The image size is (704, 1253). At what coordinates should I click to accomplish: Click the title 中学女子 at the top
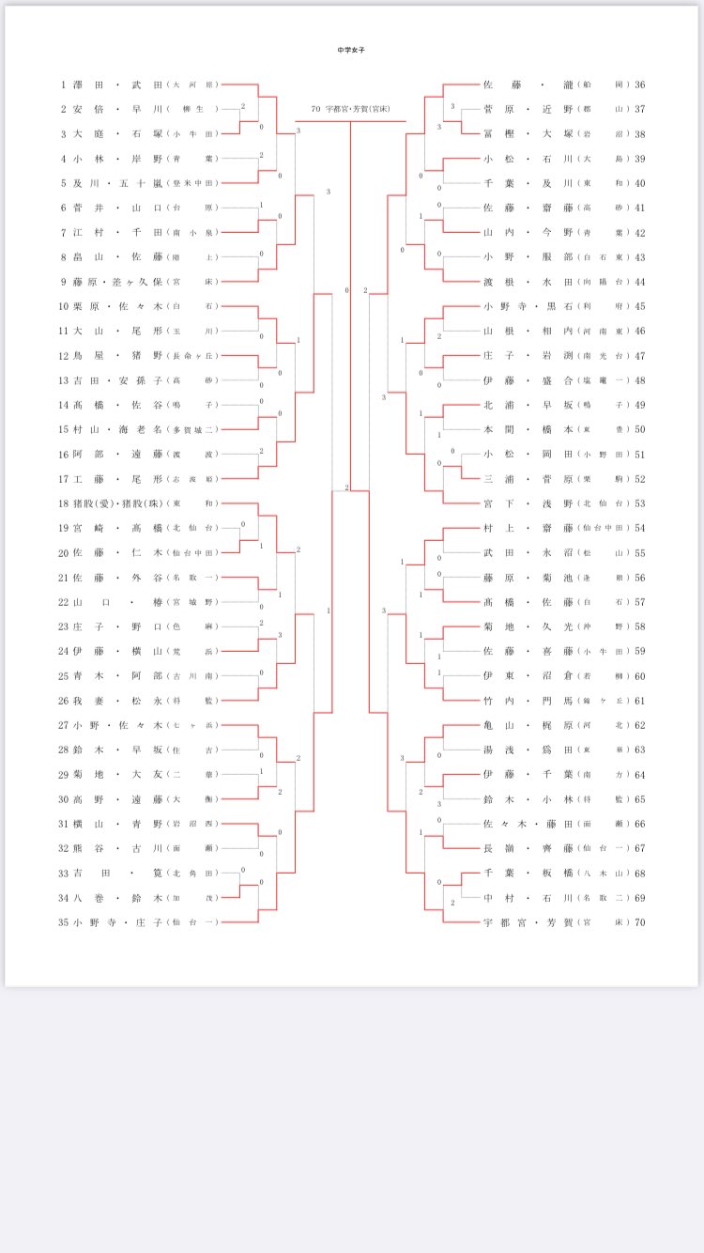(x=351, y=49)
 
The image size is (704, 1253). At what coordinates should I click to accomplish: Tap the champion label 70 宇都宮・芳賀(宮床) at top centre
(x=350, y=109)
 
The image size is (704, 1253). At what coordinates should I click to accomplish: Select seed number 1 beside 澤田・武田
(x=63, y=85)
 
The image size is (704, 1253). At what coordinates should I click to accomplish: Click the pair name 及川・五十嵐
(x=116, y=182)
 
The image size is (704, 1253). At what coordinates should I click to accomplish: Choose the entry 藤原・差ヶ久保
(x=116, y=281)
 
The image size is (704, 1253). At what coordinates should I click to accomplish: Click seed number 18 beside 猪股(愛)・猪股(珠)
(x=63, y=503)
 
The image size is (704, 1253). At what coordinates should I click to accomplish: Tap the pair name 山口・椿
(x=116, y=601)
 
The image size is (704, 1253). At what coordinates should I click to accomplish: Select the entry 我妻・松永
(x=116, y=700)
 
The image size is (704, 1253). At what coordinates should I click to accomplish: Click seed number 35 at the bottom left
(x=63, y=921)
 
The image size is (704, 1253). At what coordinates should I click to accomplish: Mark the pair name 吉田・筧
(x=116, y=873)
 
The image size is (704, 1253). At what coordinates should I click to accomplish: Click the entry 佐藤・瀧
(x=525, y=85)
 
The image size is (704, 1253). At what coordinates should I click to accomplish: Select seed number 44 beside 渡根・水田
(x=640, y=281)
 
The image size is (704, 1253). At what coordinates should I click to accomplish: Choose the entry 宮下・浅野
(x=525, y=503)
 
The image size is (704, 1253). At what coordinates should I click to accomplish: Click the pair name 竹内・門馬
(x=525, y=700)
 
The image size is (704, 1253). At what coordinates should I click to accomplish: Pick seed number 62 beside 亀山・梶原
(x=640, y=724)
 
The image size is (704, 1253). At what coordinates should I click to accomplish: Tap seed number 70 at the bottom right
(x=640, y=921)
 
